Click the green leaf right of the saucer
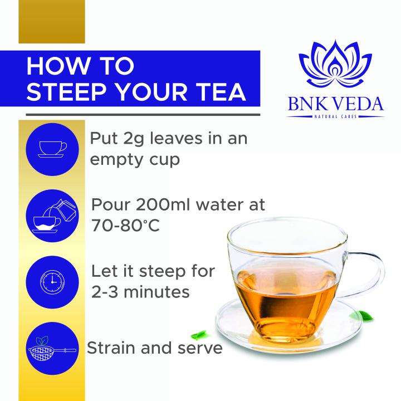363,316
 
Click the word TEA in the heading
222,91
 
